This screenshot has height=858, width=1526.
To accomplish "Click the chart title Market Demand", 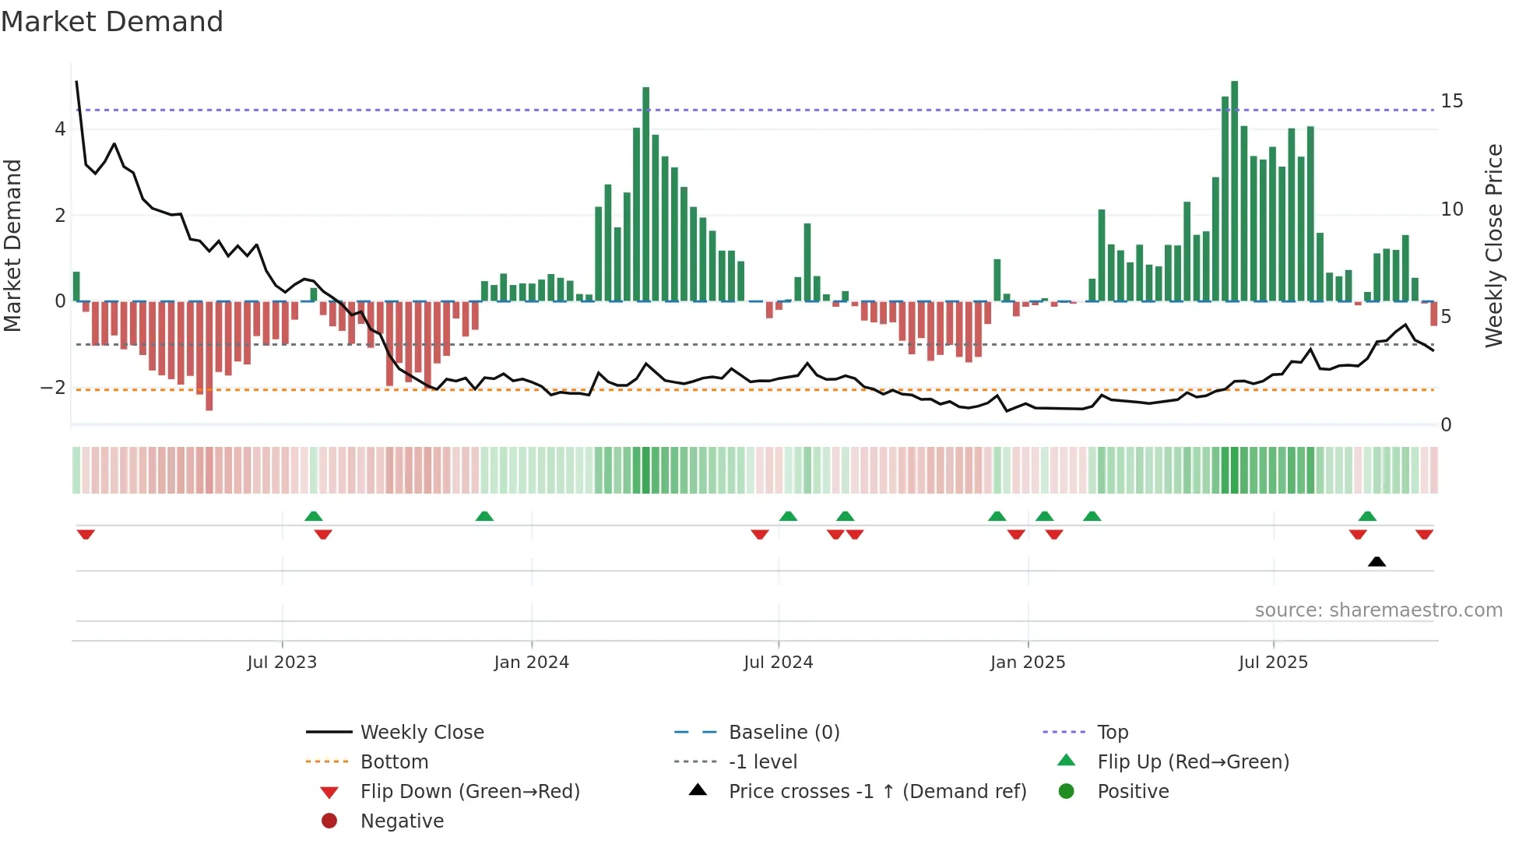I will pyautogui.click(x=112, y=21).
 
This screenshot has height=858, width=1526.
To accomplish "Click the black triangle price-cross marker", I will pyautogui.click(x=1377, y=561).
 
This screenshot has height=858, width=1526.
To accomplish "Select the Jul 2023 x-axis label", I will pyautogui.click(x=282, y=663).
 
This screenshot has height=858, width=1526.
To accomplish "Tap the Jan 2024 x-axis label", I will pyautogui.click(x=532, y=663).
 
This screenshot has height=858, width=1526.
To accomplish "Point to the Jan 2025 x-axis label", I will pyautogui.click(x=1028, y=663).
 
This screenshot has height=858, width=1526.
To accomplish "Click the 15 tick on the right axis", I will pyautogui.click(x=1451, y=101).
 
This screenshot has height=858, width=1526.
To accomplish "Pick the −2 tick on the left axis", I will pyautogui.click(x=53, y=388).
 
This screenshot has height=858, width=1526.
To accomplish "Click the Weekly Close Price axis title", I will pyautogui.click(x=1493, y=245).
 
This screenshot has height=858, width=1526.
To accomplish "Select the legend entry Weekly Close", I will pyautogui.click(x=421, y=733).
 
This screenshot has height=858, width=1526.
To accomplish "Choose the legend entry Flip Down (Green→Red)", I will pyautogui.click(x=469, y=792).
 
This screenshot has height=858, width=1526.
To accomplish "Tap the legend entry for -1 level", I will pyautogui.click(x=762, y=762).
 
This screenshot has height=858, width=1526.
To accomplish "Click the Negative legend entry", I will pyautogui.click(x=402, y=821).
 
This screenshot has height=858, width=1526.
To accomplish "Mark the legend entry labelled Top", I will pyautogui.click(x=1113, y=733).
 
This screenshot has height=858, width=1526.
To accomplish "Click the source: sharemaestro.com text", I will pyautogui.click(x=1378, y=610).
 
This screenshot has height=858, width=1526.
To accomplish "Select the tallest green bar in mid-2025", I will pyautogui.click(x=1234, y=191).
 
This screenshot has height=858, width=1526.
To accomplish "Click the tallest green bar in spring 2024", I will pyautogui.click(x=645, y=195).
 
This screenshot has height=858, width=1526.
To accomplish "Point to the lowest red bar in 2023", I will pyautogui.click(x=209, y=356).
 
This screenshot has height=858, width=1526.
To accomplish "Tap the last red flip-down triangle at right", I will pyautogui.click(x=1424, y=534).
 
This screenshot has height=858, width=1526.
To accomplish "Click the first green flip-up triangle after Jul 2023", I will pyautogui.click(x=313, y=516).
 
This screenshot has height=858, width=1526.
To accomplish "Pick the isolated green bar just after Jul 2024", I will pyautogui.click(x=807, y=262).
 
